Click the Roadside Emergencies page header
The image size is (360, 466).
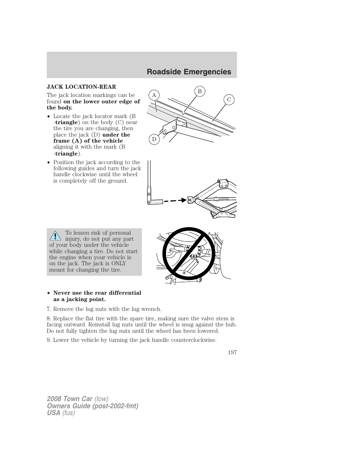point(189,72)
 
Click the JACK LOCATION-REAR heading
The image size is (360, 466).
point(81,87)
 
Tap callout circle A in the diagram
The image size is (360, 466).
point(154,95)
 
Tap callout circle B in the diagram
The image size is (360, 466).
point(200,91)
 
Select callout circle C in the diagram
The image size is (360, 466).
point(229,100)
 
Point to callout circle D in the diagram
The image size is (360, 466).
point(154,139)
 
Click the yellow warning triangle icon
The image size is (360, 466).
point(55,236)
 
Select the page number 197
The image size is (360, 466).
point(232,352)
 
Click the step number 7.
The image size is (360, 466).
point(48,309)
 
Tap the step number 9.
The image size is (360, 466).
point(48,340)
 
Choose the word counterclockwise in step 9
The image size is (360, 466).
point(193,340)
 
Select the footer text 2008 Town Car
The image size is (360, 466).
point(69,399)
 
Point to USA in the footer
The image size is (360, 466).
point(54,413)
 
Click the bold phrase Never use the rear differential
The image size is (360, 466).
point(97,293)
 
